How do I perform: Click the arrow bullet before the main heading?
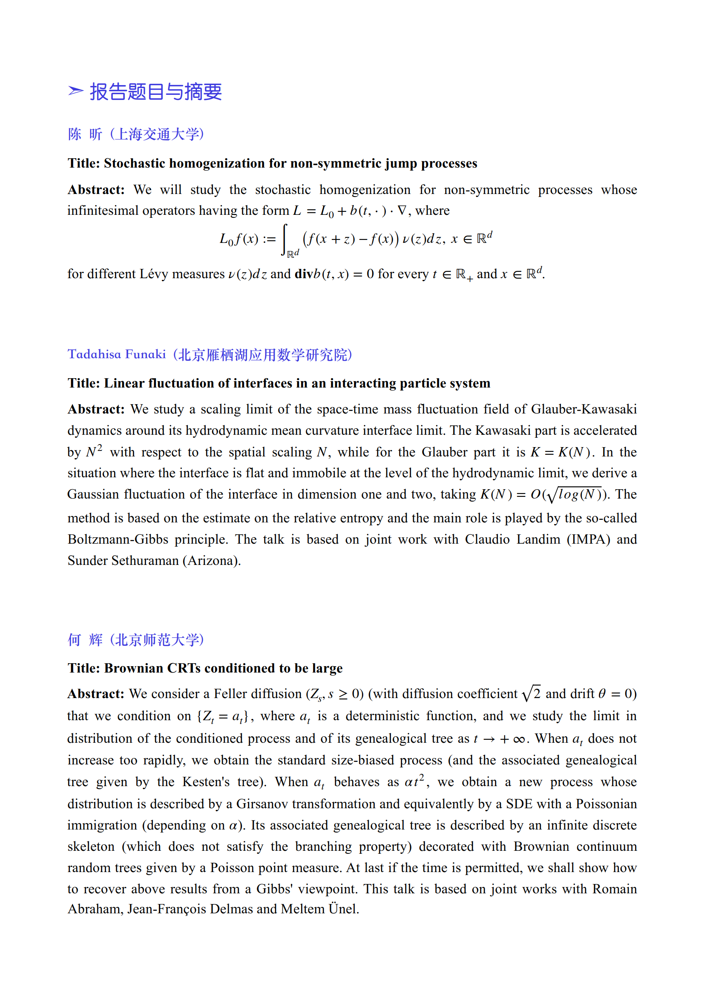(75, 91)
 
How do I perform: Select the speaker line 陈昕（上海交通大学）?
(136, 134)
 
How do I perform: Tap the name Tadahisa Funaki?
(117, 354)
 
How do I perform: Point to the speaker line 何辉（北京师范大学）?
(136, 640)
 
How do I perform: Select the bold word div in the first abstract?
(304, 274)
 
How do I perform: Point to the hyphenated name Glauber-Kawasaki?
(583, 409)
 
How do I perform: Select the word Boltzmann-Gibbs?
(118, 539)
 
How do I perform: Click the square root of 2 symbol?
(531, 694)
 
